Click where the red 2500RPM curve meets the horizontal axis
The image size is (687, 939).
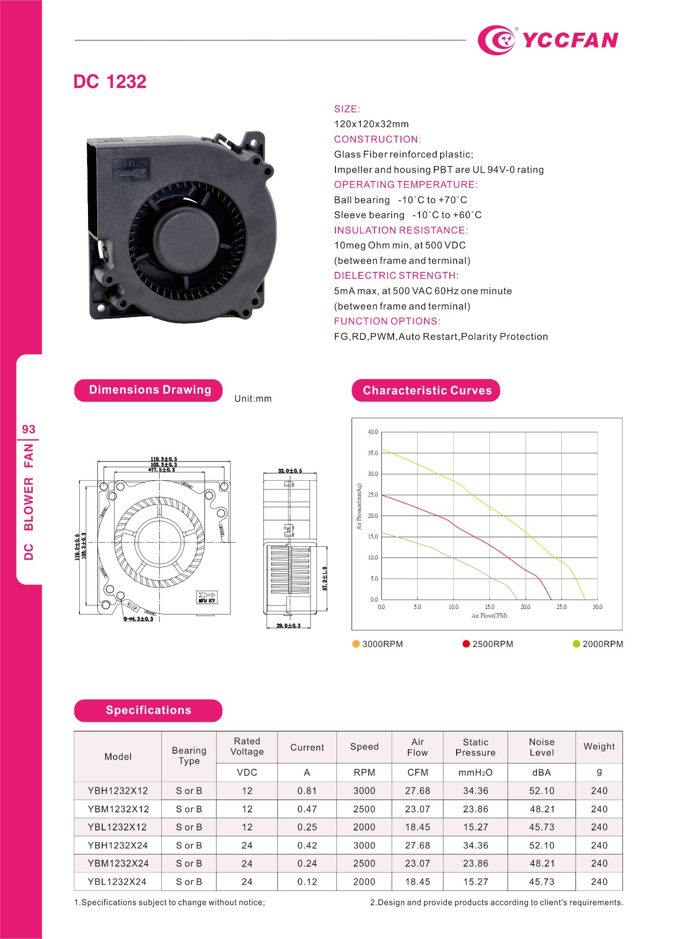point(552,600)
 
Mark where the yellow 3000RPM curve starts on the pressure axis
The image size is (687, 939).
point(382,449)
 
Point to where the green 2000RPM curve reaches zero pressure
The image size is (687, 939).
point(517,600)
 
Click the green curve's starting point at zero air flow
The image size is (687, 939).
point(382,533)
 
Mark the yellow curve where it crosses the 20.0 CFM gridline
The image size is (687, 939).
point(526,531)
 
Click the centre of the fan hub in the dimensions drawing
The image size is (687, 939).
point(159,542)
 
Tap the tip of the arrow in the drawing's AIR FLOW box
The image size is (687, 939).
point(216,595)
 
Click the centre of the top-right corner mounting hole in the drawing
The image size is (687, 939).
point(224,486)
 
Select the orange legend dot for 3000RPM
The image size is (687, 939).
point(356,644)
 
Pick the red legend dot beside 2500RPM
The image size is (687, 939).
point(466,644)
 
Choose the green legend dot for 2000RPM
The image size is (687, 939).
point(576,644)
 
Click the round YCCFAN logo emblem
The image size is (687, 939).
point(497,40)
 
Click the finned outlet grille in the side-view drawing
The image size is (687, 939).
point(290,569)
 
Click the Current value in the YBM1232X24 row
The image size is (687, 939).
point(307,863)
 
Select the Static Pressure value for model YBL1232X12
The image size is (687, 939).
point(475,827)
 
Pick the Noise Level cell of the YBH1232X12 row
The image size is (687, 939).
point(542,790)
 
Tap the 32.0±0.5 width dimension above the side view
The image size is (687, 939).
point(290,470)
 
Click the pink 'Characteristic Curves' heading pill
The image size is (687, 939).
point(426,390)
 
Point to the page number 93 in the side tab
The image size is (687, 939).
point(28,429)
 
